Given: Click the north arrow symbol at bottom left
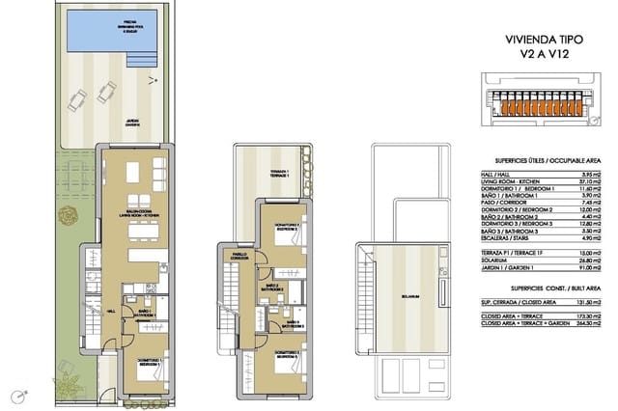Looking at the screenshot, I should tap(17, 397).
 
